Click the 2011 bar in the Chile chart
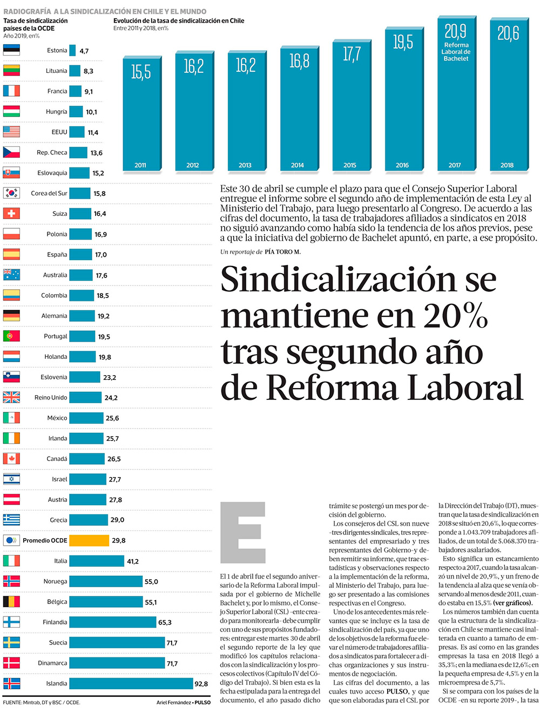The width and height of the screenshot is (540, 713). [x=141, y=113]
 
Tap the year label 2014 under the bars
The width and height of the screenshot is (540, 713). [x=298, y=165]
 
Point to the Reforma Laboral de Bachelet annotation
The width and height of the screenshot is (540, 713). [x=456, y=52]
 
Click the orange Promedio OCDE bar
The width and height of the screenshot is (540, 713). [x=89, y=540]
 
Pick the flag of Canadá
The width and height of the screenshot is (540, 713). [x=11, y=459]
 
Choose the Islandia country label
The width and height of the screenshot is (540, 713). [x=57, y=683]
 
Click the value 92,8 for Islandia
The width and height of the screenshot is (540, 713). [x=201, y=684]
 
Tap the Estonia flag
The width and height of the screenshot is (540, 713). [x=11, y=51]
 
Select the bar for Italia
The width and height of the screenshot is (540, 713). [x=97, y=561]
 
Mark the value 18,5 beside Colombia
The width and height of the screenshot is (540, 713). [x=103, y=296]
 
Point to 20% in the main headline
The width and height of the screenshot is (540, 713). [x=456, y=316]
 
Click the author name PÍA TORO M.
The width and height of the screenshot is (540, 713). [x=282, y=252]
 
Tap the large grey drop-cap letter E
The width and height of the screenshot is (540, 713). [x=242, y=532]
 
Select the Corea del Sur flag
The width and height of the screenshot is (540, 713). [x=11, y=193]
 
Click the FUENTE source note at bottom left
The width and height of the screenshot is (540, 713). [x=42, y=702]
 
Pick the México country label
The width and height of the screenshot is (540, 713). [x=57, y=418]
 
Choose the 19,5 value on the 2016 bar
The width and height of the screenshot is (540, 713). [x=403, y=42]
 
